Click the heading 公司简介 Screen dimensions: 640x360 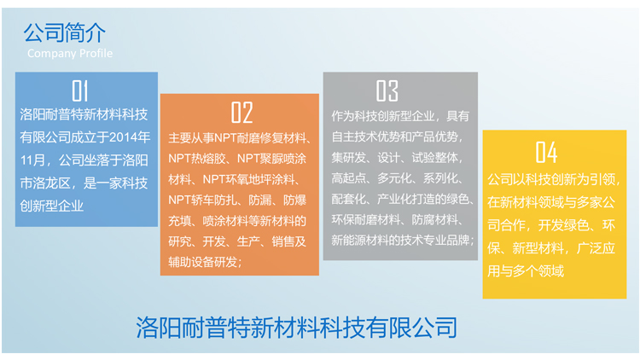point(65,32)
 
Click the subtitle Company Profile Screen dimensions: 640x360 point(70,53)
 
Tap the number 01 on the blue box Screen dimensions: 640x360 point(80,90)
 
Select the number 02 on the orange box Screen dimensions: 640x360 point(241,113)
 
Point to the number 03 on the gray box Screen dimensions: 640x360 point(387,90)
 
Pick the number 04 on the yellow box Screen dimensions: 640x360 point(546,152)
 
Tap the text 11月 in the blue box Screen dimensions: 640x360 point(32,160)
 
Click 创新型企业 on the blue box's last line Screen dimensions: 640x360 point(52,206)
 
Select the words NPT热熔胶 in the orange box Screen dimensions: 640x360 point(197,159)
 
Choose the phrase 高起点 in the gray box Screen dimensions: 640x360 point(348,178)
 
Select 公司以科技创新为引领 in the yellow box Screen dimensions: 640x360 point(550,179)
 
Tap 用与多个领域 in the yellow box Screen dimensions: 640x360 point(526,271)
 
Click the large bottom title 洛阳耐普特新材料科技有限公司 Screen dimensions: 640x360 point(297,328)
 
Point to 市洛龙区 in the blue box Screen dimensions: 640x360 point(45,183)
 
